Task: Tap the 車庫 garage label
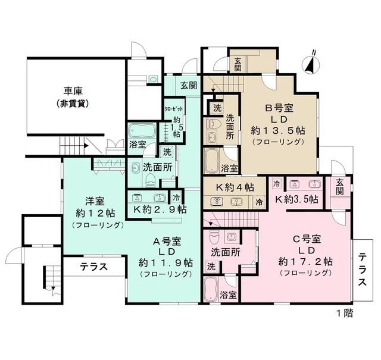click(73, 92)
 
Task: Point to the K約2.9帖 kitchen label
click(160, 209)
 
